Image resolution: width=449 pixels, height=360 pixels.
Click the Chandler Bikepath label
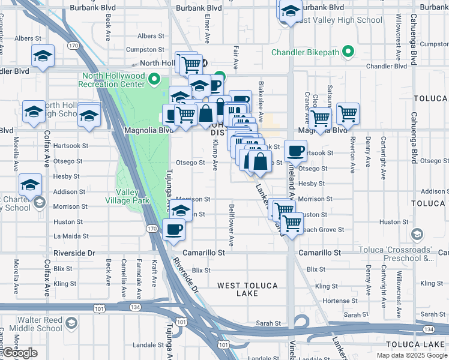point(305,52)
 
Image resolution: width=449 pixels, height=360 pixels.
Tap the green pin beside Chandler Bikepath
point(346,52)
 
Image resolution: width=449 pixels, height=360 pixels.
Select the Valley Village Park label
point(127,197)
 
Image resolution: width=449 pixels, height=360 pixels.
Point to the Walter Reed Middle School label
point(40,324)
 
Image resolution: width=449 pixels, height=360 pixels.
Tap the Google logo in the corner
point(20,353)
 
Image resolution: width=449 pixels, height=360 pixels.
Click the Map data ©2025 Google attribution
point(412,355)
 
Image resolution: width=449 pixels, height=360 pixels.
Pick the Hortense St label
point(340,301)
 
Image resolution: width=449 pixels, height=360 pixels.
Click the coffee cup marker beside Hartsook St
point(294,151)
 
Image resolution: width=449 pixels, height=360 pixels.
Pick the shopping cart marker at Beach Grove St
point(292,223)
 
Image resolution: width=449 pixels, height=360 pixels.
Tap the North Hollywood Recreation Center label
point(113,80)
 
